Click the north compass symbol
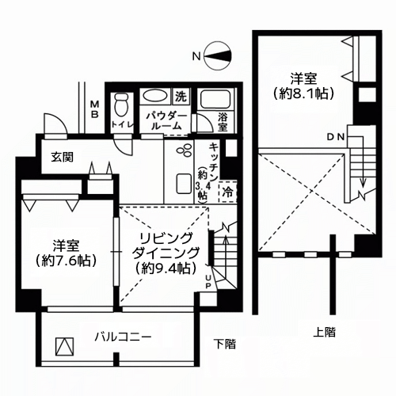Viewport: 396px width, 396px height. pos(219,56)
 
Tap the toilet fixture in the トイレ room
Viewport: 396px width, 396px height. pos(122,105)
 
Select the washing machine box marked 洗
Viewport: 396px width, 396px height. pos(181,97)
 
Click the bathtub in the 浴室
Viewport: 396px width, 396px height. pos(215,100)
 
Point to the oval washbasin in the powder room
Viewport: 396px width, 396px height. pos(154,97)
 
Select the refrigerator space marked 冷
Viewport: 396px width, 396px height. pos(227,192)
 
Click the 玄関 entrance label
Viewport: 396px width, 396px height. pos(62,158)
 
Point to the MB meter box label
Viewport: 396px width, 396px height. pos(94,109)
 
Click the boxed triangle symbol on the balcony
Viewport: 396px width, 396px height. pos(64,347)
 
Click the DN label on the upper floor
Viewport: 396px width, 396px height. pos(336,137)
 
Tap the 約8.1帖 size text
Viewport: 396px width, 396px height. pos(304,93)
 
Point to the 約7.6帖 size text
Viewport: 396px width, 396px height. pos(66,261)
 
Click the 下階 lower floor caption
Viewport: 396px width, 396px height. pos(225,344)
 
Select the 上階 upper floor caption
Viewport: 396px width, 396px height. pos(325,333)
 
